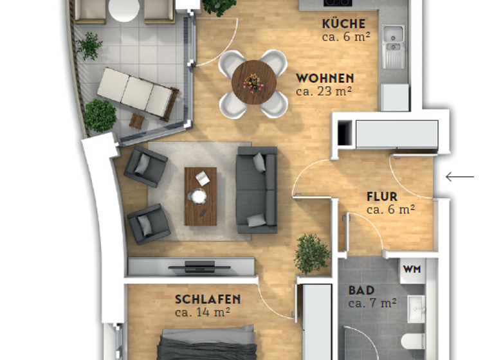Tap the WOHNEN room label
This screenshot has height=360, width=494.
click(325, 78)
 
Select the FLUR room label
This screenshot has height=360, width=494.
click(381, 196)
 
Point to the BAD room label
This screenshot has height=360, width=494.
click(361, 290)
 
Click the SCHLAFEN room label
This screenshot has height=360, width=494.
click(208, 299)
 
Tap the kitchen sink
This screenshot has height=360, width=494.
click(392, 39)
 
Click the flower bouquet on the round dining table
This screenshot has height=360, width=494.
click(253, 82)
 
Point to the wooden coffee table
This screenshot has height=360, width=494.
click(201, 195)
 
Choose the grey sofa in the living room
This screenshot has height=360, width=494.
click(257, 190)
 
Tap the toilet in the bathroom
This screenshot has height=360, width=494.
click(411, 341)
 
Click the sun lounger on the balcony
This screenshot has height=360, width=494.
click(136, 93)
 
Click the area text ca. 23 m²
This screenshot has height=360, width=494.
click(324, 91)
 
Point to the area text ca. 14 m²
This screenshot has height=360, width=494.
click(203, 312)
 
